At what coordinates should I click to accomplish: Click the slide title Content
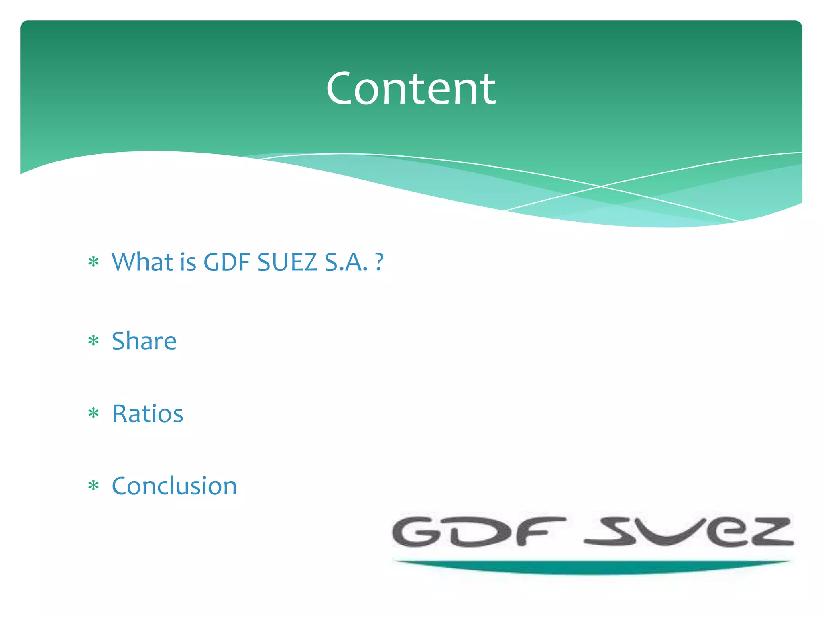point(411,89)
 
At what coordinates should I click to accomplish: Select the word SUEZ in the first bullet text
point(287,262)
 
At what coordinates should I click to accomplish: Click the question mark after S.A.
point(379,262)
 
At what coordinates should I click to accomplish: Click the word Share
point(144,341)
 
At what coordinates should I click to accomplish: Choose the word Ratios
point(148,414)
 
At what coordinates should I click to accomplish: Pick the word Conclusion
point(174,486)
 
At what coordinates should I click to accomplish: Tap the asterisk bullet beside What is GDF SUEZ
point(94,262)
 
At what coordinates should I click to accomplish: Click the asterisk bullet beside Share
point(94,341)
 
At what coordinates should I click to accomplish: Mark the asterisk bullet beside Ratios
point(94,413)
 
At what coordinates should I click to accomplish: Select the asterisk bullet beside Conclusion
point(94,486)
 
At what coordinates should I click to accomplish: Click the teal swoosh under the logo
point(592,567)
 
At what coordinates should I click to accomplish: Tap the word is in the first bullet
point(188,262)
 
